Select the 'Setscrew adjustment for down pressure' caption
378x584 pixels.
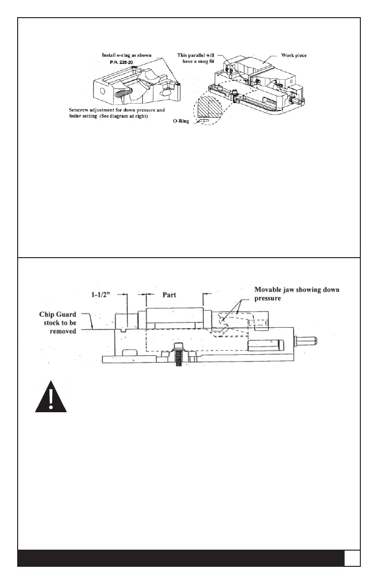click(115, 109)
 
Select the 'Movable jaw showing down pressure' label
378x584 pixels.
click(300, 293)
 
